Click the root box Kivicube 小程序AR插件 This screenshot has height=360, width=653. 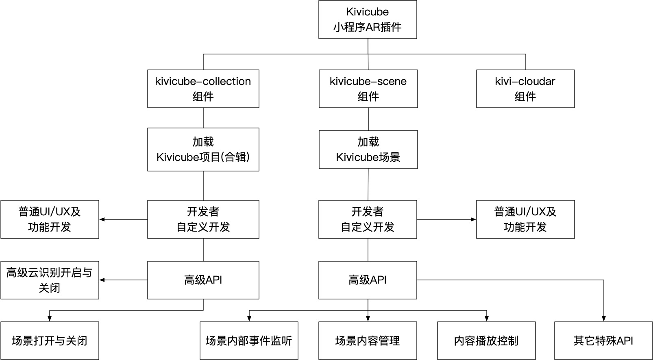[x=368, y=20]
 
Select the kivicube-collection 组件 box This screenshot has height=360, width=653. [x=203, y=89]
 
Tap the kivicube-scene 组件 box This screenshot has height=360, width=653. [x=368, y=89]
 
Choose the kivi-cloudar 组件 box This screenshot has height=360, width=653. [x=525, y=89]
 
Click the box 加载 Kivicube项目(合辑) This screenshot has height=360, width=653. [x=203, y=150]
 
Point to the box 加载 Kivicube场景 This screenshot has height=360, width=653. [x=368, y=150]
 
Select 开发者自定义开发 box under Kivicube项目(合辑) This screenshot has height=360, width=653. [x=203, y=219]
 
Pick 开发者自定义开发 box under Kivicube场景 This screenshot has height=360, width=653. [x=368, y=219]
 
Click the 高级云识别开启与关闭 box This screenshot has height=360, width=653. [x=50, y=280]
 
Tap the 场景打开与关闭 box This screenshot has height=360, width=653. [x=50, y=340]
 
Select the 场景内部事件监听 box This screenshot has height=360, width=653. [x=249, y=340]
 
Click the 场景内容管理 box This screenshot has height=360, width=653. [x=368, y=340]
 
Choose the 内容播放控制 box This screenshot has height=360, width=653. [x=486, y=340]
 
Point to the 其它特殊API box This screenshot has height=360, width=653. [x=603, y=340]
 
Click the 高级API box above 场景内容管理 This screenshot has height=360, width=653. [x=368, y=280]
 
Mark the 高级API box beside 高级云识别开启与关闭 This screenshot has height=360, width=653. [x=203, y=280]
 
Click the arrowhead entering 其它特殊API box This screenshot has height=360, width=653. [x=603, y=319]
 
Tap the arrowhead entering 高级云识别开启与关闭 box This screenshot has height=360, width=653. [x=102, y=280]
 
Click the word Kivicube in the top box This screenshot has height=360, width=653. [x=368, y=12]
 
